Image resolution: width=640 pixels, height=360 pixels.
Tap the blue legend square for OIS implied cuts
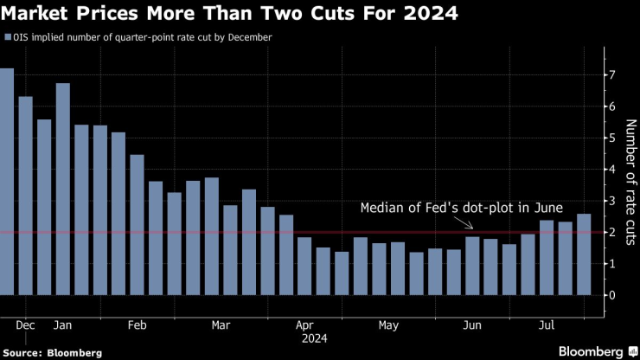click(8, 38)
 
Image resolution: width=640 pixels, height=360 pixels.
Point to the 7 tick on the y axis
click(611, 75)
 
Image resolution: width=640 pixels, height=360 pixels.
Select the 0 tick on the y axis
click(611, 295)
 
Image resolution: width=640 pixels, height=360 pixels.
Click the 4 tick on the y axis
click(611, 170)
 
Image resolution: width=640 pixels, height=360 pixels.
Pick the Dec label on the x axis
click(25, 325)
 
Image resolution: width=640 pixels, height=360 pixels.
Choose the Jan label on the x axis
click(63, 325)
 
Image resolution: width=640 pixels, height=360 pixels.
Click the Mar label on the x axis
click(221, 325)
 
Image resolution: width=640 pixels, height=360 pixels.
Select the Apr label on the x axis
click(304, 325)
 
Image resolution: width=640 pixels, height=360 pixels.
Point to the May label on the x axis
click(387, 325)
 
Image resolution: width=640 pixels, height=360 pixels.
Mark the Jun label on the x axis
click(472, 325)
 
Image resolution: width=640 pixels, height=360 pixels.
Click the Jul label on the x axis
click(547, 325)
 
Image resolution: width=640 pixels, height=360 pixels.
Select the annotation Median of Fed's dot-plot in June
click(461, 209)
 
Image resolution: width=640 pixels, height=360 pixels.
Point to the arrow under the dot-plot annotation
click(468, 224)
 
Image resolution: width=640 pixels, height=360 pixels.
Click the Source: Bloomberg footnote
click(52, 353)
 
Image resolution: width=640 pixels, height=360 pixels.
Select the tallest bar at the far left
click(7, 182)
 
